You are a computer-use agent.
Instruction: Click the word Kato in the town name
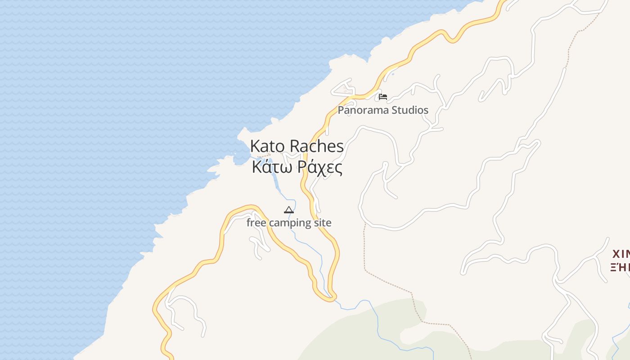coord(268,146)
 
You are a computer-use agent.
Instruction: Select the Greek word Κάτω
coord(269,167)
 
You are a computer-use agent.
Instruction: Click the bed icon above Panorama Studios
coord(383,96)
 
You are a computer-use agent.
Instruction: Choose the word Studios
coord(409,110)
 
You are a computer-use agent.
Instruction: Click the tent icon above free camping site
coord(289,210)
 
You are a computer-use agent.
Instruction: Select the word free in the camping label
coord(256,223)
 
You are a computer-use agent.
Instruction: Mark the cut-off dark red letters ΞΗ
coord(620,267)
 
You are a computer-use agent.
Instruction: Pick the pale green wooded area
coord(360,328)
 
